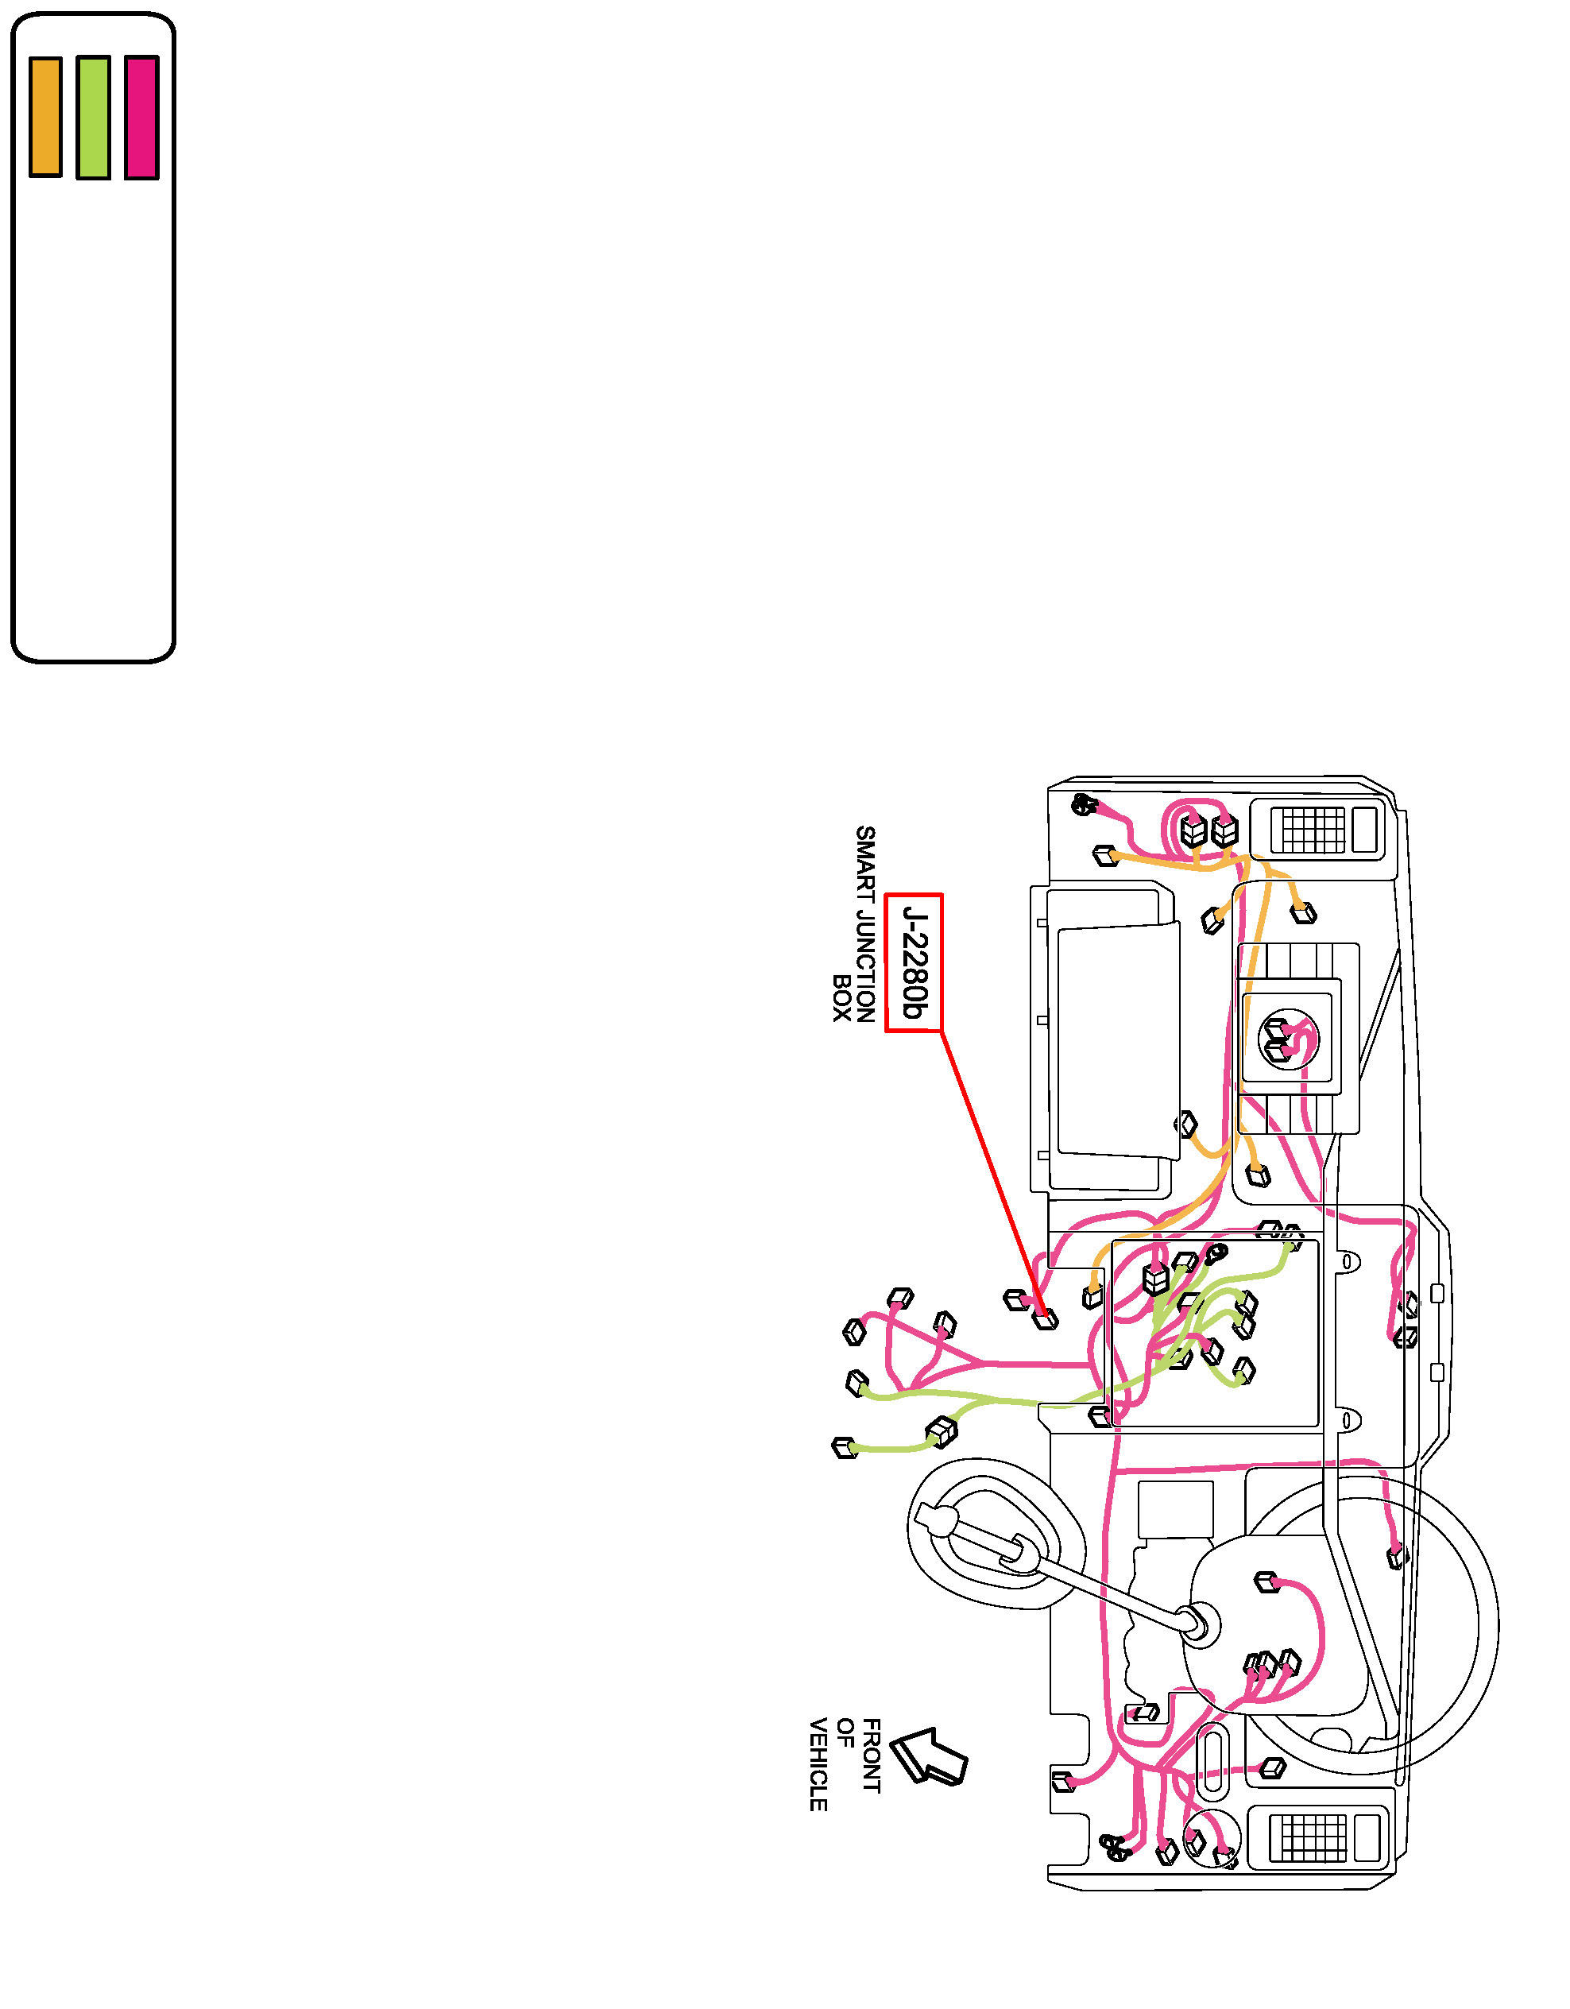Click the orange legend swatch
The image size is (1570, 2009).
(45, 117)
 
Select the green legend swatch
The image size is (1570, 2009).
(93, 117)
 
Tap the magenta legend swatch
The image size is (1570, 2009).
(141, 117)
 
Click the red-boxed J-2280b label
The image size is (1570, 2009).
(913, 962)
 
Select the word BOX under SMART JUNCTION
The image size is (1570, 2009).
(841, 998)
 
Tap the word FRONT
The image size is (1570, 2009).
(871, 1755)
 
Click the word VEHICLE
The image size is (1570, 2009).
(818, 1763)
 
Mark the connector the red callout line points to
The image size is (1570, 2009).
(1045, 1318)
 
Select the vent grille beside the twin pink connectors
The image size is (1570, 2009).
(1313, 829)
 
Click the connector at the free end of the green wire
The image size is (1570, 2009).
(844, 1447)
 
